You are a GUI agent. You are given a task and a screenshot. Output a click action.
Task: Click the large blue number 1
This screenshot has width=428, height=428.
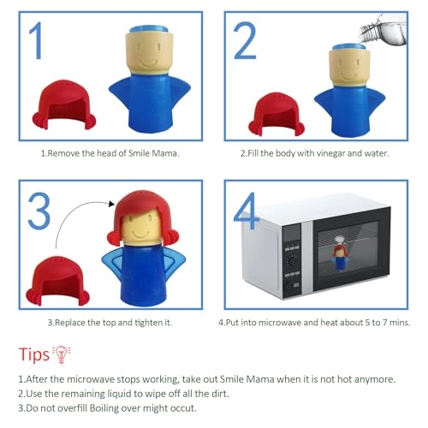pyautogui.click(x=37, y=40)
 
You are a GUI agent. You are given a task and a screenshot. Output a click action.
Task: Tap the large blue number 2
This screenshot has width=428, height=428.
pyautogui.click(x=245, y=40)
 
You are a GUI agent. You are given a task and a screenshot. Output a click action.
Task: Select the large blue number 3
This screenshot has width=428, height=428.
pyautogui.click(x=39, y=211)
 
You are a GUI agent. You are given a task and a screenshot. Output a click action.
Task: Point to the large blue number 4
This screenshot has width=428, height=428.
pyautogui.click(x=246, y=211)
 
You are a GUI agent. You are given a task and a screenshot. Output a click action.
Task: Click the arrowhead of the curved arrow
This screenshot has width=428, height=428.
pyautogui.click(x=111, y=204)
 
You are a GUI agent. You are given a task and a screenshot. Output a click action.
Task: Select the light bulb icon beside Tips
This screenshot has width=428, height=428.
pyautogui.click(x=62, y=354)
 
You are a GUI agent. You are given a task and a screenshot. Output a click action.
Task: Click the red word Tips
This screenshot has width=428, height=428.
pyautogui.click(x=34, y=354)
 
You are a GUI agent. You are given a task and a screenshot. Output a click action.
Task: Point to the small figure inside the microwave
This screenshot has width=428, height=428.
pyautogui.click(x=339, y=253)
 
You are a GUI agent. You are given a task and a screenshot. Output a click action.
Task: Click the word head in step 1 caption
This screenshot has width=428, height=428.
pyautogui.click(x=107, y=153)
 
